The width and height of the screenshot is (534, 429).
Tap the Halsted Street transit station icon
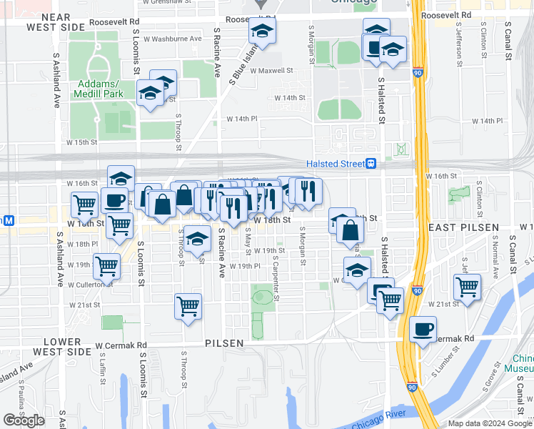pyautogui.click(x=371, y=163)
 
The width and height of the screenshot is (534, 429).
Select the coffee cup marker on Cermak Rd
pyautogui.click(x=423, y=329)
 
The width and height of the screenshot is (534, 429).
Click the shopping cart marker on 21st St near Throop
pyautogui.click(x=188, y=306)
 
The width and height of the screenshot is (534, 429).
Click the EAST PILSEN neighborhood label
pyautogui.click(x=463, y=227)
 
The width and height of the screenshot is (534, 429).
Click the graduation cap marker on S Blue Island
pyautogui.click(x=262, y=31)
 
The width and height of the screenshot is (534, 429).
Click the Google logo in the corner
pyautogui.click(x=24, y=420)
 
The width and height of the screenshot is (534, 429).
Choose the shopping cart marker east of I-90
pyautogui.click(x=467, y=287)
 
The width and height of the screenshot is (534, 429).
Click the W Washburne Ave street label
pyautogui.click(x=177, y=38)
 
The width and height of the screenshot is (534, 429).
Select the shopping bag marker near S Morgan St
pyautogui.click(x=351, y=230)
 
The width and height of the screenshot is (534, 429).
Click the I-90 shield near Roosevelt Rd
pyautogui.click(x=417, y=72)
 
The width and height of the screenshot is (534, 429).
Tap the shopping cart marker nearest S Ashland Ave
pyautogui.click(x=84, y=204)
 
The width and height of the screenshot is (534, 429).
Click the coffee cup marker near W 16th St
pyautogui.click(x=114, y=200)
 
